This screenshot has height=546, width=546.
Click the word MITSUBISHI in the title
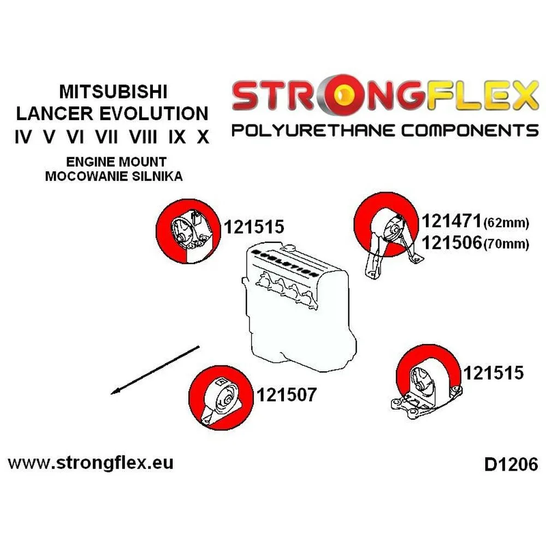click(114, 90)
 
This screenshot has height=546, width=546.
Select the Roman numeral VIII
click(143, 136)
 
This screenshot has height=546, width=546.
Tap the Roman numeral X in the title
click(203, 136)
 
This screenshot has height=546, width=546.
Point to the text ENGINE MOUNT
click(114, 162)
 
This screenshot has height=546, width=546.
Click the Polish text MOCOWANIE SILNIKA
click(114, 176)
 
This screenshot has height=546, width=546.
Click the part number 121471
click(452, 221)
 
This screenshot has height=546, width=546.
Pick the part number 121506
click(452, 244)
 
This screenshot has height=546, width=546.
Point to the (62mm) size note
click(506, 222)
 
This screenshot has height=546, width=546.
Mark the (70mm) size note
click(506, 245)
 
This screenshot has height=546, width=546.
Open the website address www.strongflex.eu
click(91, 463)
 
